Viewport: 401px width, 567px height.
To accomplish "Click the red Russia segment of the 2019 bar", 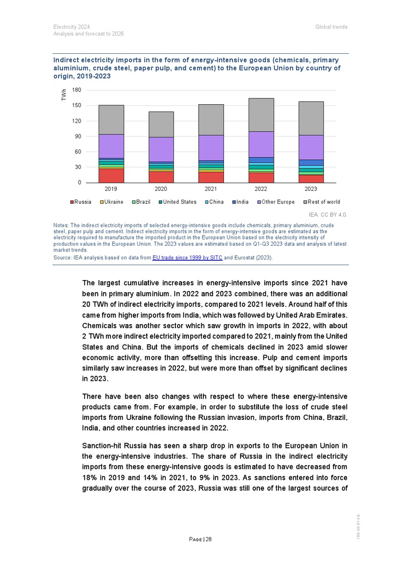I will [x=111, y=175].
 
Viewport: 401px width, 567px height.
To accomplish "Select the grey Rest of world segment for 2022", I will [x=261, y=115].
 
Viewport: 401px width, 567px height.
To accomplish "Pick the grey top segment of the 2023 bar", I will [x=311, y=118].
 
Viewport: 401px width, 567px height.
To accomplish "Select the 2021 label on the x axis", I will [x=211, y=189].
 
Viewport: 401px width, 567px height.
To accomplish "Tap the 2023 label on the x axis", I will [x=311, y=189].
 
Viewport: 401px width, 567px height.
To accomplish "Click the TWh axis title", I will [x=64, y=95].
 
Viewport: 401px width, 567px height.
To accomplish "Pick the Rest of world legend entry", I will [x=322, y=202].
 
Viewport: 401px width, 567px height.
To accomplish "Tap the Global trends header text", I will [x=331, y=27].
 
